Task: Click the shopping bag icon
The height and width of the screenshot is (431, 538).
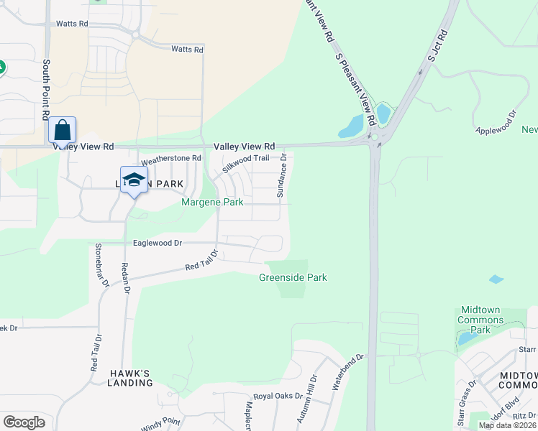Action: (63, 131)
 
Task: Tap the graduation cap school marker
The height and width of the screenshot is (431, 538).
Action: (133, 180)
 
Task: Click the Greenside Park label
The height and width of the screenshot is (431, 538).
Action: (293, 277)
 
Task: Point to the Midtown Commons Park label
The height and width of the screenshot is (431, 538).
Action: (483, 319)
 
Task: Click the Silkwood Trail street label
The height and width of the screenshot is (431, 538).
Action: (245, 166)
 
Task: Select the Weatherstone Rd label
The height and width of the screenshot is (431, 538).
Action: (170, 158)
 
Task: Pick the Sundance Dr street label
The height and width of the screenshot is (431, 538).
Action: (283, 175)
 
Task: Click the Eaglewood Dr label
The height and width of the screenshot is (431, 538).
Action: (157, 243)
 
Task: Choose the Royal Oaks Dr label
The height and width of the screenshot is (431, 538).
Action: (278, 396)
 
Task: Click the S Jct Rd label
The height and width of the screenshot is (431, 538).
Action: (437, 44)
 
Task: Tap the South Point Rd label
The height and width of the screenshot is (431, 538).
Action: (45, 90)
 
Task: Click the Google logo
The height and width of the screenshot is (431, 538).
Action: (24, 422)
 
